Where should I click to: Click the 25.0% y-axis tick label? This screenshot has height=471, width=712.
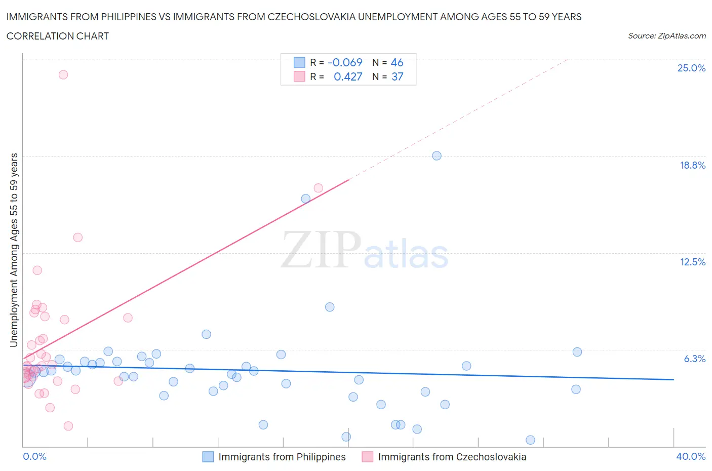691,68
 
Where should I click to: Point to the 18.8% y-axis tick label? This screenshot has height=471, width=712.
692,165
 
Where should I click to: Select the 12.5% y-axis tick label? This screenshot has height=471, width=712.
692,262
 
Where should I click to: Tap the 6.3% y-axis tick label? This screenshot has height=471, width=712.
694,359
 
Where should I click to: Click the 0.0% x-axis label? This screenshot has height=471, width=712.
34,456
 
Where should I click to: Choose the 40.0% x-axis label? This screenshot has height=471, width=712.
691,456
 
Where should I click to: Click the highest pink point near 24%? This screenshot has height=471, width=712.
63,74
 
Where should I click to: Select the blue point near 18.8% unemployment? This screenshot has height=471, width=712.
437,155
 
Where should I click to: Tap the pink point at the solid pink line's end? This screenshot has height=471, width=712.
318,188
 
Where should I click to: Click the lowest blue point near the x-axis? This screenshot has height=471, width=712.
530,440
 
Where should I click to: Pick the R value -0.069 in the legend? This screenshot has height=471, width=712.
345,62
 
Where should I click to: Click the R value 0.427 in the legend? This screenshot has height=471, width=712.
348,76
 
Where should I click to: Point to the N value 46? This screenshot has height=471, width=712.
397,62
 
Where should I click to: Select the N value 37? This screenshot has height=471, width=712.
397,76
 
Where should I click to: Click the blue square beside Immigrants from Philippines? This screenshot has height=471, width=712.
208,457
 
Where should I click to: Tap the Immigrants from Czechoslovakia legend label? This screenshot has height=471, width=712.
452,457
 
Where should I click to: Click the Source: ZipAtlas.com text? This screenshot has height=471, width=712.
666,35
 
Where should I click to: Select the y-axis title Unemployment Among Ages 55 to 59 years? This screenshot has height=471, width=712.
14,250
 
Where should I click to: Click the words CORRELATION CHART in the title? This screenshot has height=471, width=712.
58,36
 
